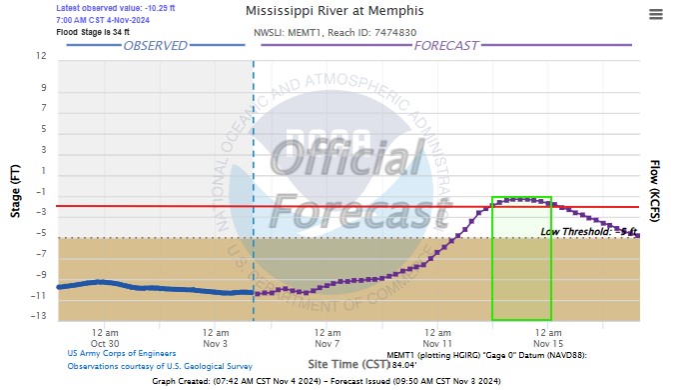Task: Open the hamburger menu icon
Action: [x=656, y=14]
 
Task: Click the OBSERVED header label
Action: [x=155, y=46]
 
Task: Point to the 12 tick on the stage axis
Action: [x=42, y=57]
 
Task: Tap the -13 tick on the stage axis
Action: [x=40, y=317]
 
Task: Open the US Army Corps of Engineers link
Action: [x=122, y=353]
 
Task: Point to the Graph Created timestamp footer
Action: [x=339, y=382]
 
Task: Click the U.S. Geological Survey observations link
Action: [x=160, y=367]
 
